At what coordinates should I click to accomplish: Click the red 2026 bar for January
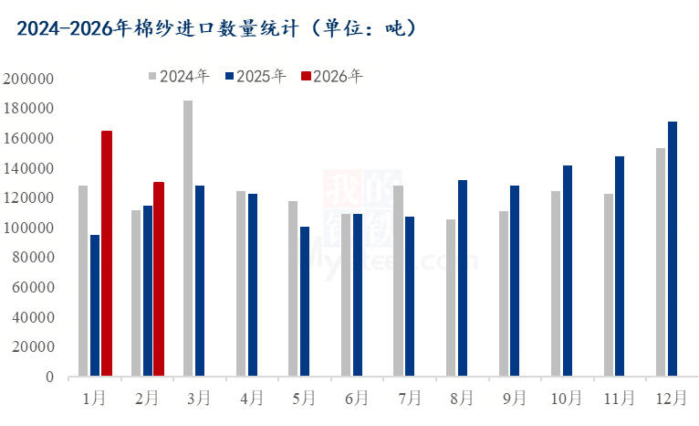click(x=107, y=253)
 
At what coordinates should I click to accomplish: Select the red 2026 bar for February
click(x=159, y=279)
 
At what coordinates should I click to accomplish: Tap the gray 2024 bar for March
click(x=188, y=239)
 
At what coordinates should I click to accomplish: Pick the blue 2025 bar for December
click(x=673, y=249)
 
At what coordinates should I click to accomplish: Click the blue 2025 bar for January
click(x=95, y=305)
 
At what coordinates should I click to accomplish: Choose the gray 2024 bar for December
click(x=661, y=262)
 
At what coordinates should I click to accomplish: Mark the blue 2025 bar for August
click(x=463, y=278)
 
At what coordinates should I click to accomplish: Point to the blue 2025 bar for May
click(x=305, y=301)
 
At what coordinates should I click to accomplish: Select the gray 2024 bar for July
click(x=398, y=281)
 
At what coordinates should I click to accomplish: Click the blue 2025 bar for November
click(x=620, y=266)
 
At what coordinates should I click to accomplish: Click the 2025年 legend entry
click(x=256, y=76)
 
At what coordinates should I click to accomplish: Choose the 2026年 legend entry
click(x=332, y=76)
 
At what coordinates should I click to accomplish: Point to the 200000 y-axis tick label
click(x=29, y=79)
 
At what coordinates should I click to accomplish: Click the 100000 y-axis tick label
click(x=29, y=228)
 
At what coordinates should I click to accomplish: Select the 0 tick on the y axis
click(x=49, y=377)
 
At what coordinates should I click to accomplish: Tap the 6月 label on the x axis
click(x=357, y=399)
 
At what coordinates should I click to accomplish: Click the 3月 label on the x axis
click(x=199, y=399)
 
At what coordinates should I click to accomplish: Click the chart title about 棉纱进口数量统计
click(x=216, y=28)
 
